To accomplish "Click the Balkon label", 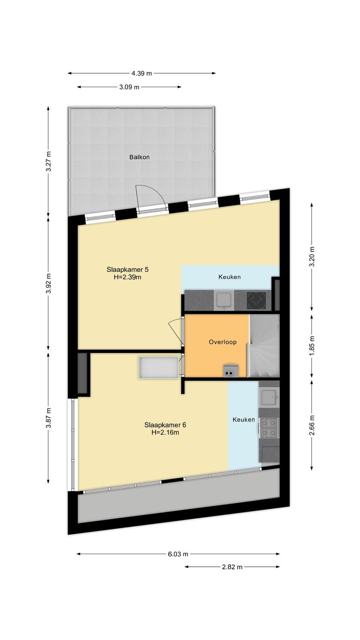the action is tap(140, 157).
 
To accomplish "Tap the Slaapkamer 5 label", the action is tap(128, 270).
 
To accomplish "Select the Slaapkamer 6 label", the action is tap(165, 425).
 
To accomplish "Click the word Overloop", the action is tap(222, 342).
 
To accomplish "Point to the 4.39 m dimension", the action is tap(142, 74).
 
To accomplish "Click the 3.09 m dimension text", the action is tap(129, 87).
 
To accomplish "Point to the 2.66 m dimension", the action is tap(312, 425).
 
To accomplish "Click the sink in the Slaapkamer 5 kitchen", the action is tap(224, 300).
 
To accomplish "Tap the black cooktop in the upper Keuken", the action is tap(256, 300).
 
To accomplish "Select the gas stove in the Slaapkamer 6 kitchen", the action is tap(269, 428).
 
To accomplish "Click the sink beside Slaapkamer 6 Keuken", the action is tap(269, 398).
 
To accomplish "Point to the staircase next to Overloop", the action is tap(264, 346).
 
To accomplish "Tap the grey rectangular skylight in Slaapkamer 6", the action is tap(159, 368).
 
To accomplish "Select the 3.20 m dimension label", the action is tap(312, 256).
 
